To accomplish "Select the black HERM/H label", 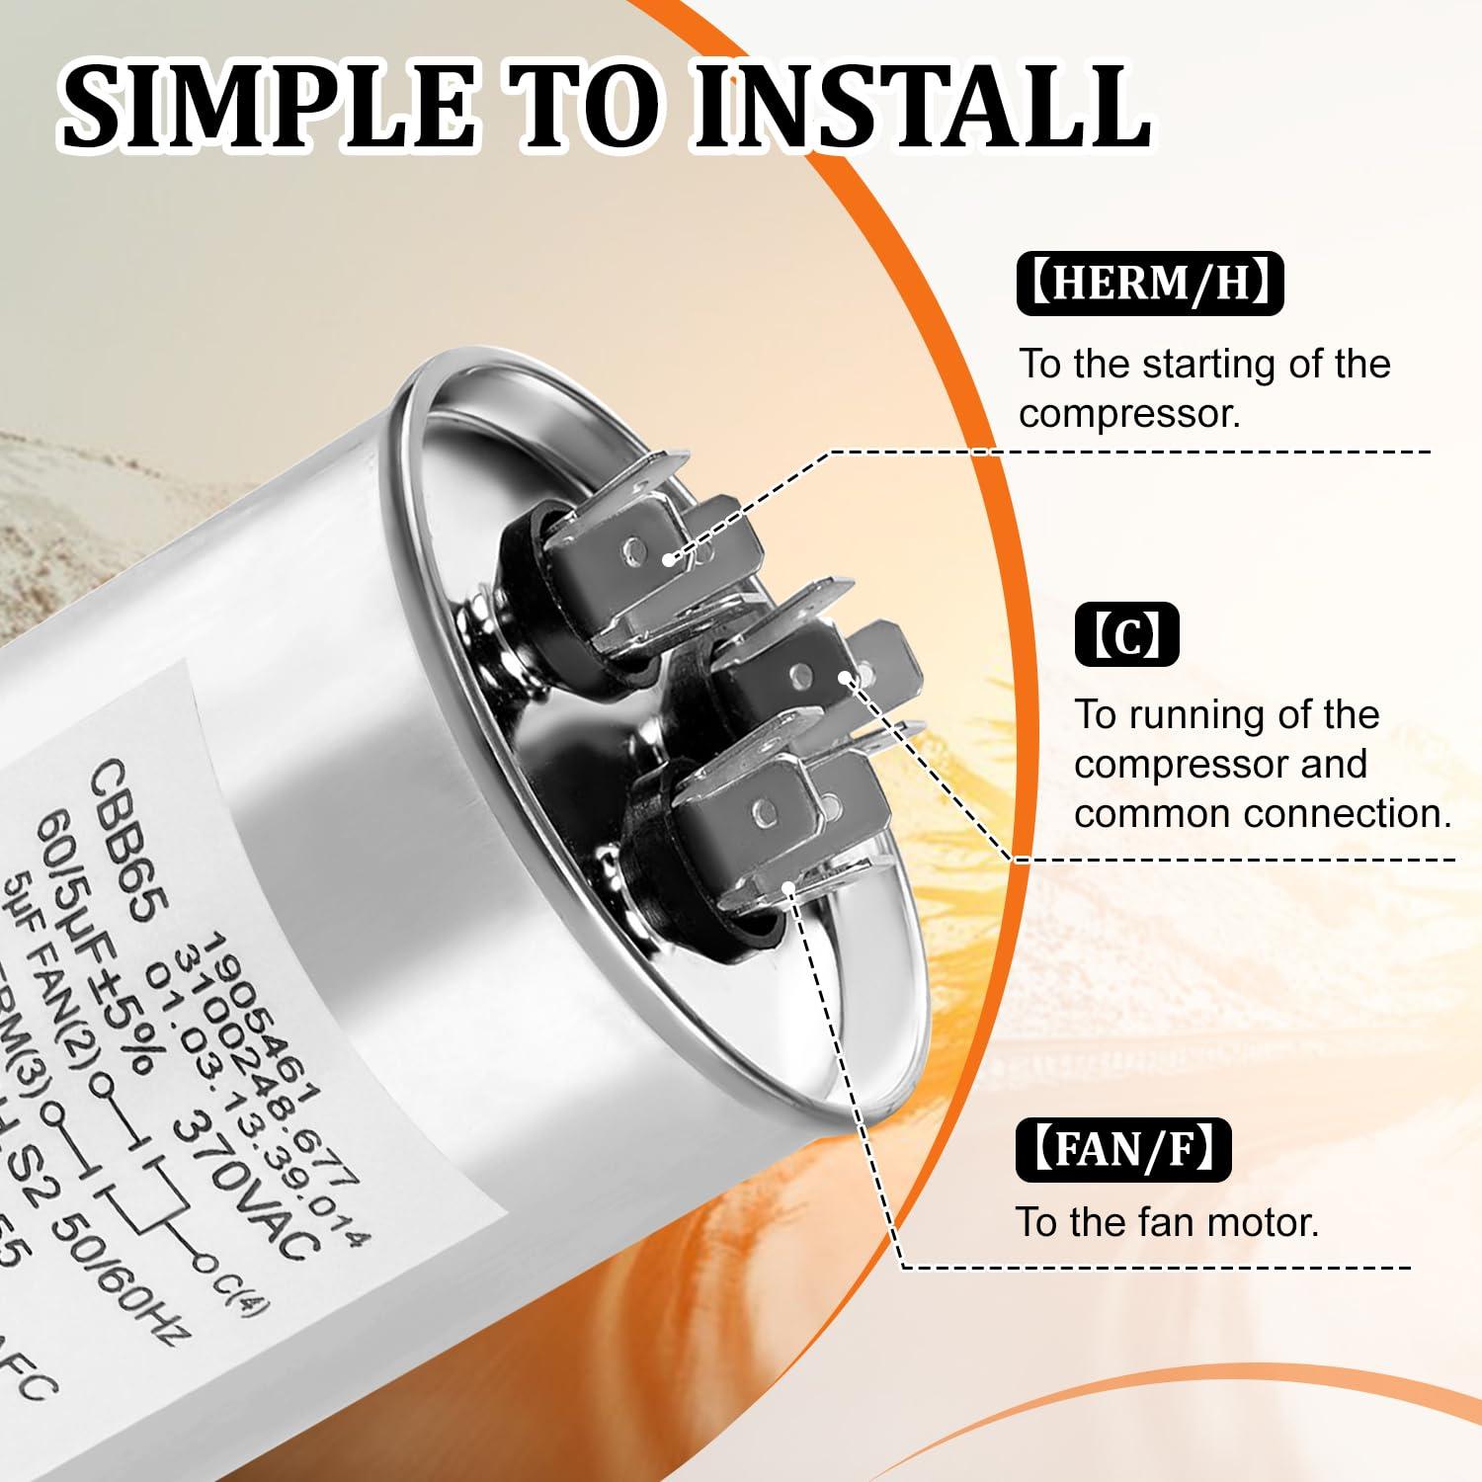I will click(x=1149, y=284).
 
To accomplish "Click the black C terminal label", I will click(x=1126, y=634).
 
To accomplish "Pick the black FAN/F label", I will click(x=1123, y=1148).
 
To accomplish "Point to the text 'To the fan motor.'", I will click(x=1168, y=1223).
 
